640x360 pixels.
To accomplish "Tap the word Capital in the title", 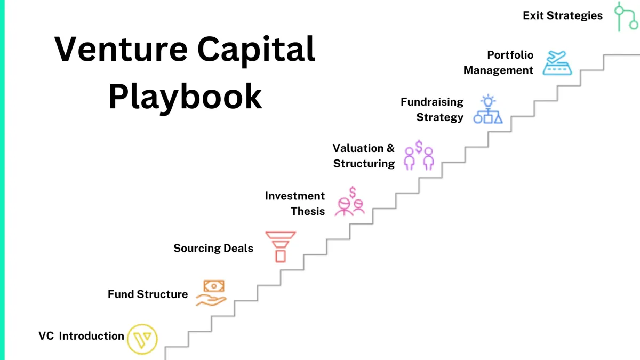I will point(257,49).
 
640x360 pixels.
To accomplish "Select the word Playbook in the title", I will point(185,96).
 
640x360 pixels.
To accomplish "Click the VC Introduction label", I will point(81,336).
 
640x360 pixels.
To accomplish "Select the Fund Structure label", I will point(148,294).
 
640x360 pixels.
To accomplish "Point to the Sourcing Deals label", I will point(213,248).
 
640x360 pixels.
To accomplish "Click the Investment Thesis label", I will point(295,204).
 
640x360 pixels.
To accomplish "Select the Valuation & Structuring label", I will point(364,156).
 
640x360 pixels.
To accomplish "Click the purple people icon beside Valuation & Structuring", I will point(419,156).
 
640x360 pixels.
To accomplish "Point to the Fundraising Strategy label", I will point(433,109).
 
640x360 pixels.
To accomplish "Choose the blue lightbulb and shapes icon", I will point(488,110).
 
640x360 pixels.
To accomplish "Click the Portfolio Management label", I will point(499,62).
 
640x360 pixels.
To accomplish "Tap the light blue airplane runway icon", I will point(557,63).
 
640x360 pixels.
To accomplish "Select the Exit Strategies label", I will point(563,15).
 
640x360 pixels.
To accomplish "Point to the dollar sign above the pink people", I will point(353,192).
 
